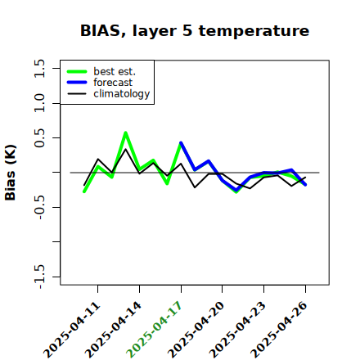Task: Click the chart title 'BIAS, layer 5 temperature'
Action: point(195,31)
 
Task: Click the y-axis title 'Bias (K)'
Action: point(11,173)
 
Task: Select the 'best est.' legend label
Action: point(115,71)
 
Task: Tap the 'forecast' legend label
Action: point(113,83)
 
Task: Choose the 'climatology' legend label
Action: point(122,94)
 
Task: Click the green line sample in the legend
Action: point(77,71)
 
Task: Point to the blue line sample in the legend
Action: point(77,83)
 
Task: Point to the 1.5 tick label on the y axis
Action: point(39,68)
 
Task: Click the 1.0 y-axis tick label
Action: point(39,103)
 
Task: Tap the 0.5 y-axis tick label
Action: point(39,138)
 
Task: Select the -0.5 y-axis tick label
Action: point(39,207)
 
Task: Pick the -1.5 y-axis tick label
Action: point(39,277)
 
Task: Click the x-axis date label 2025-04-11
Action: point(72,330)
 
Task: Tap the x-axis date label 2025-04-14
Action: point(114,330)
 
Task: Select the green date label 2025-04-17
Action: point(155,330)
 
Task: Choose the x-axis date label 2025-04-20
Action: point(196,330)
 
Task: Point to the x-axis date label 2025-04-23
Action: point(237,330)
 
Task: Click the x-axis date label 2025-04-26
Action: point(279,330)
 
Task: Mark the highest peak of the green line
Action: point(125,133)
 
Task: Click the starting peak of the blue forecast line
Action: point(181,142)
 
